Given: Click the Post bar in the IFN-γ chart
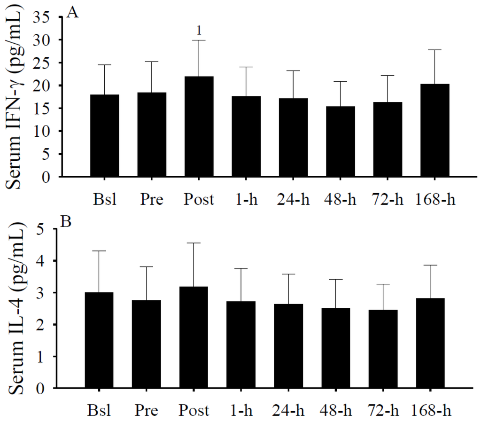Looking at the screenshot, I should (199, 126).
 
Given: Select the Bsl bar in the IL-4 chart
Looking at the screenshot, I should (99, 340).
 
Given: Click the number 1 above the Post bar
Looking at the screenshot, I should (199, 31).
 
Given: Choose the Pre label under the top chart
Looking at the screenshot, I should (152, 199).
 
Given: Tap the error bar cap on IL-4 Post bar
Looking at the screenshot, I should (194, 243).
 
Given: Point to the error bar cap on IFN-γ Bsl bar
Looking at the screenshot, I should (105, 65).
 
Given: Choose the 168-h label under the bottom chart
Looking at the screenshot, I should (432, 411).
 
